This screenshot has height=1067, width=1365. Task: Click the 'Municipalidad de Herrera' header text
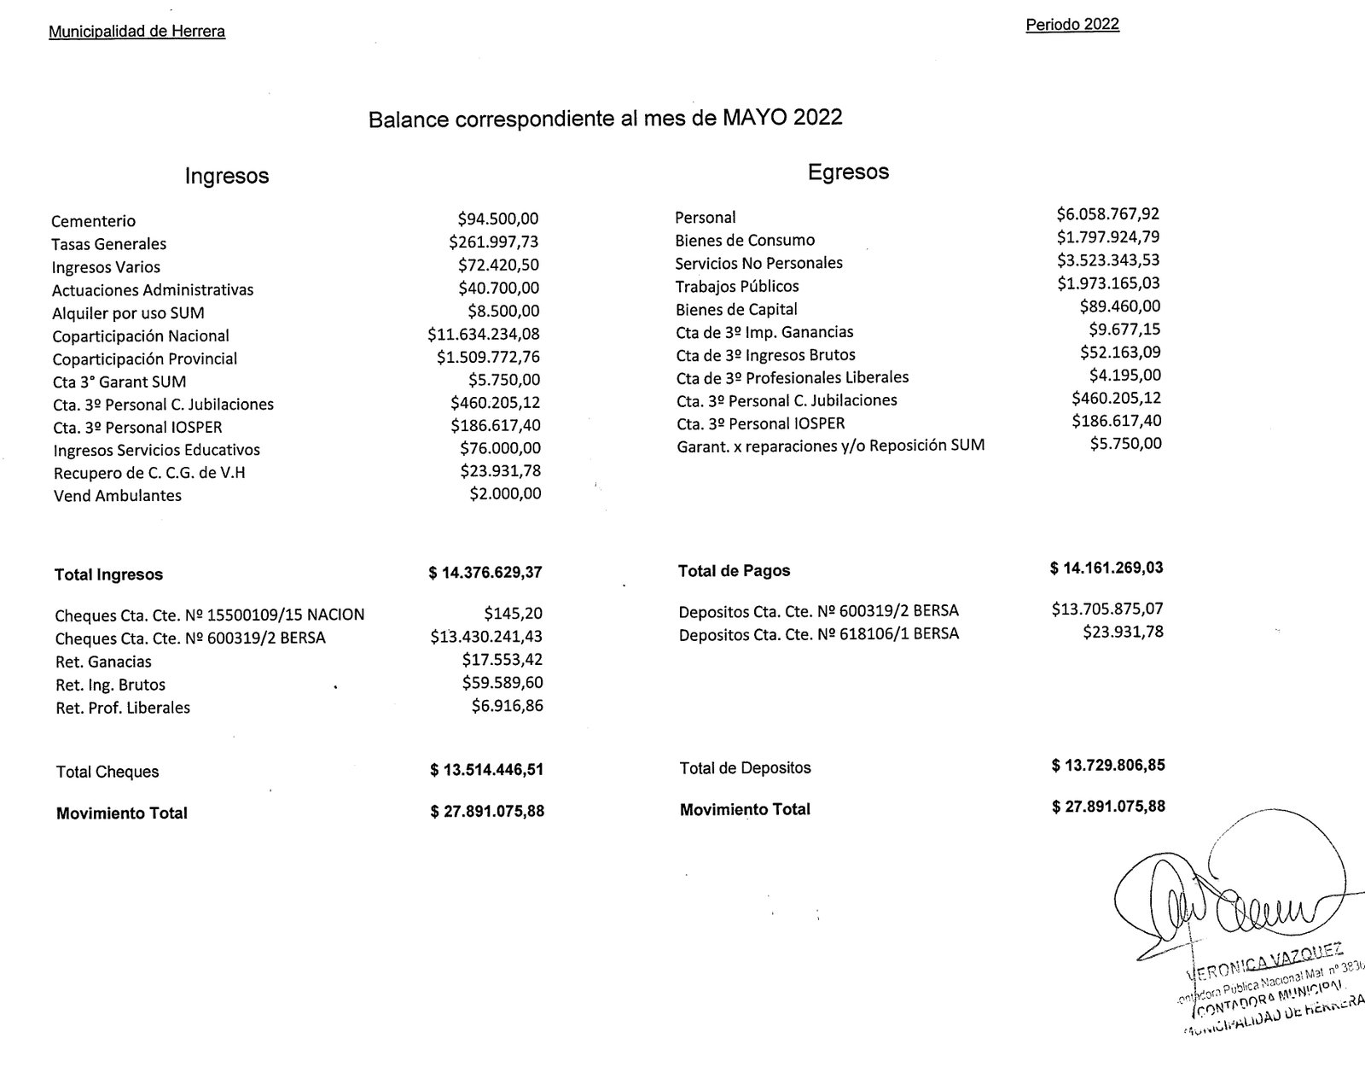[x=136, y=32]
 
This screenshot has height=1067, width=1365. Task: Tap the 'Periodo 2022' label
[x=1072, y=25]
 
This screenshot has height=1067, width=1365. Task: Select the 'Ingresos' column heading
[x=227, y=176]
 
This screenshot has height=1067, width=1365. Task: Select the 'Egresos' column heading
[x=848, y=172]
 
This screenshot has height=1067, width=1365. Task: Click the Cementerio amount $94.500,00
[x=498, y=219]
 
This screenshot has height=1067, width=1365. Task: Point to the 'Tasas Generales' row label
[x=109, y=244]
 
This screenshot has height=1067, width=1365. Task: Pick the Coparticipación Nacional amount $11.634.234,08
[x=484, y=335]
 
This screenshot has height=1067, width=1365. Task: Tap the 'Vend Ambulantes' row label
[x=118, y=496]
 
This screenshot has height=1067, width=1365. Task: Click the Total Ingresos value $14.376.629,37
[x=485, y=573]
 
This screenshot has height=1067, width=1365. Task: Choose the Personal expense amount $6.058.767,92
[x=1108, y=214]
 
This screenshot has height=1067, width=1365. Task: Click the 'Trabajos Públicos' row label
[x=737, y=286]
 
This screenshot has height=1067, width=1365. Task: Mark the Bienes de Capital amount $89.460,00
[x=1120, y=306]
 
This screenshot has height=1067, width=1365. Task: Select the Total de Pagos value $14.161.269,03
[x=1107, y=568]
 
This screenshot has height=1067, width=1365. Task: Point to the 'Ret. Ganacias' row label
[x=103, y=662]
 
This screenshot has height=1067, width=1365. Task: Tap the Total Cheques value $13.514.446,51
[x=486, y=770]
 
